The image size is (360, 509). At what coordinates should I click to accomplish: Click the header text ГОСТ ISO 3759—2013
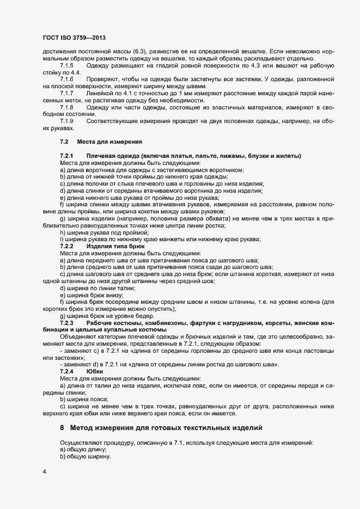pyautogui.click(x=74, y=38)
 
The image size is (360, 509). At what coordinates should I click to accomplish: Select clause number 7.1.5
pyautogui.click(x=67, y=66)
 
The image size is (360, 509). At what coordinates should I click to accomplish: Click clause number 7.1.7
pyautogui.click(x=67, y=93)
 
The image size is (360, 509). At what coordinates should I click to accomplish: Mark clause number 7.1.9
pyautogui.click(x=67, y=120)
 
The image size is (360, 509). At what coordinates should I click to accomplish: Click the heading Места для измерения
pyautogui.click(x=110, y=142)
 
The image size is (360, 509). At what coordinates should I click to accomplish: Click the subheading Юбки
pyautogui.click(x=94, y=371)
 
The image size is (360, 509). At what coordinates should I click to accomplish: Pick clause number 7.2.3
pyautogui.click(x=67, y=324)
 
